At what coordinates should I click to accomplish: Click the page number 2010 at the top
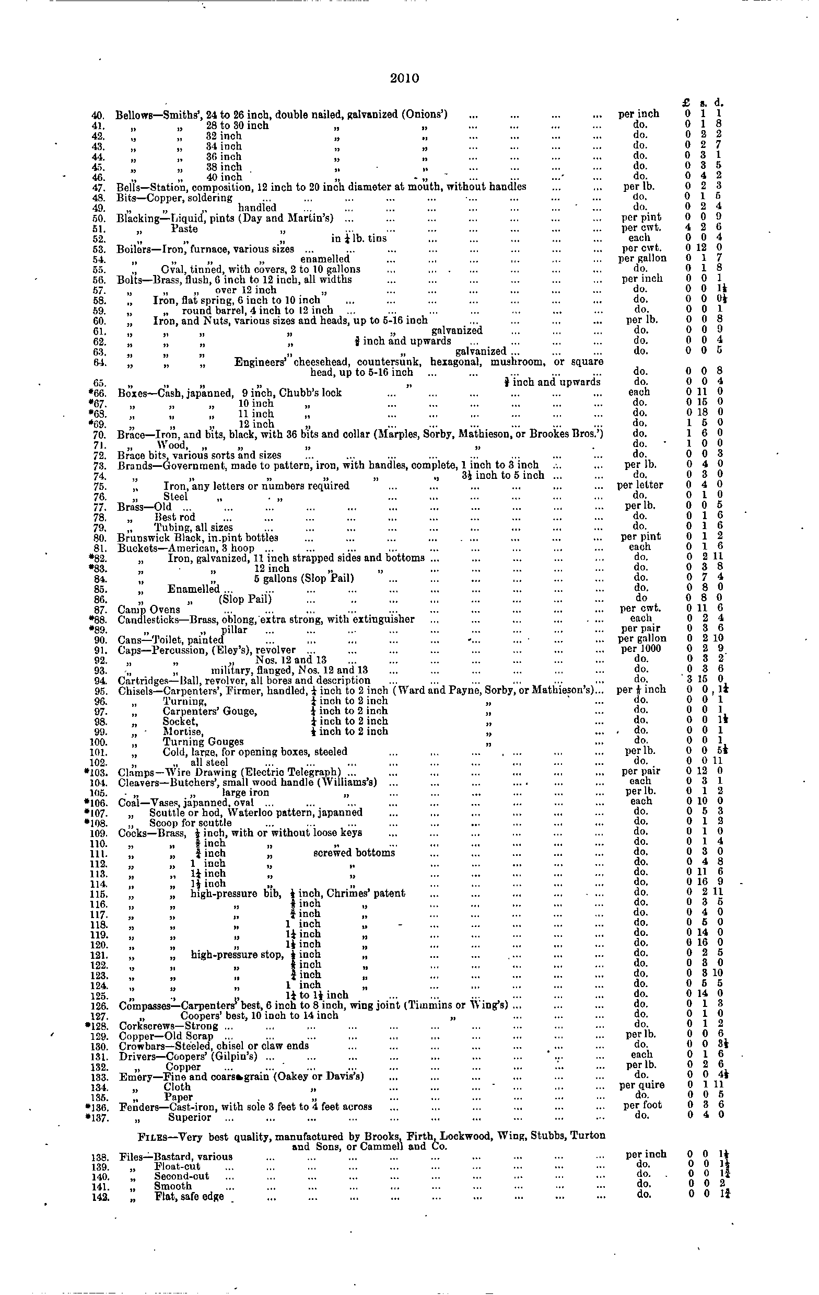tap(405, 78)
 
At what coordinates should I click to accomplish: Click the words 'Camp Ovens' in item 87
tap(149, 609)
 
